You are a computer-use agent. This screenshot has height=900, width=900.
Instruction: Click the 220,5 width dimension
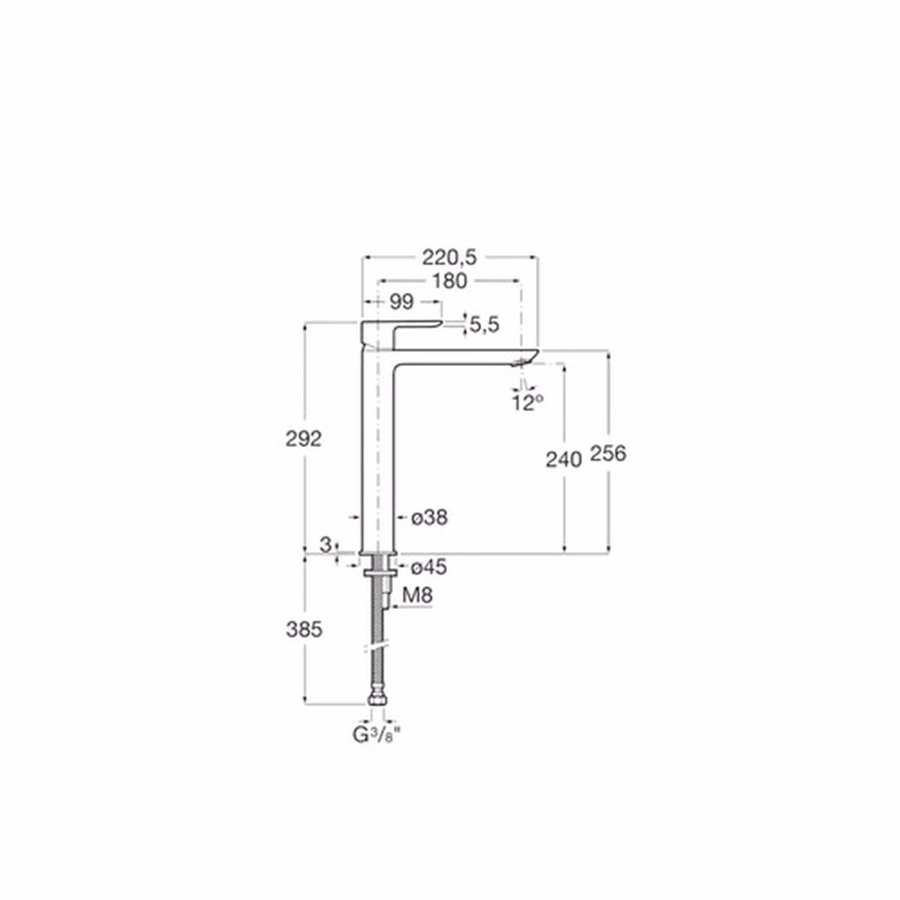[449, 257]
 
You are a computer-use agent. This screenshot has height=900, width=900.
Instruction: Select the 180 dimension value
[449, 281]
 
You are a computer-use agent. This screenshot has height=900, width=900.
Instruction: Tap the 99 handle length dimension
[401, 302]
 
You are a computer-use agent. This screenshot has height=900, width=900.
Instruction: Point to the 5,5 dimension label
[484, 325]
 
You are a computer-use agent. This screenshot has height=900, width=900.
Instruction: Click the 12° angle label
[528, 402]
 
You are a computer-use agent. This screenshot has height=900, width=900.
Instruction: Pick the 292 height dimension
[304, 439]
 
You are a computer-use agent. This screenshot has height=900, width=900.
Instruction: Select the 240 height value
[564, 460]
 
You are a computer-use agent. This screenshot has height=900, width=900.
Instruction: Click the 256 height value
[607, 454]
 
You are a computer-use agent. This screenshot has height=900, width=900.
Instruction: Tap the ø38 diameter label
[429, 517]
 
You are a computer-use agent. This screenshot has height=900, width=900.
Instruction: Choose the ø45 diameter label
[429, 568]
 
